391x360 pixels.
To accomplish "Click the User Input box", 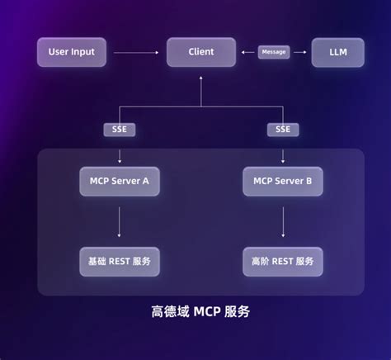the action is click(x=72, y=52).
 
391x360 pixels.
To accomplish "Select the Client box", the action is click(x=201, y=52).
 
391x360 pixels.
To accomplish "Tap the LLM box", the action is click(x=338, y=52).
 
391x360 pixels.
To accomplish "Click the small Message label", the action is click(x=274, y=52).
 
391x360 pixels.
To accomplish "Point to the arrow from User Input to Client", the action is click(x=136, y=52).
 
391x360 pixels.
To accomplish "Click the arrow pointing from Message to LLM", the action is click(x=300, y=52).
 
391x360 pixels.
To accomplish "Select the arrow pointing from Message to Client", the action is click(x=247, y=52).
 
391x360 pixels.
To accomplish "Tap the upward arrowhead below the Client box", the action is click(x=201, y=78).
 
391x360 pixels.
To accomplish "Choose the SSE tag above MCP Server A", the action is click(x=120, y=130).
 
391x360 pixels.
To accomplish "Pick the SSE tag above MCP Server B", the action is click(x=283, y=130).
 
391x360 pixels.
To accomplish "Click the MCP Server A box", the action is click(x=120, y=182).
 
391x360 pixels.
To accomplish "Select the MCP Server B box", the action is click(x=283, y=182).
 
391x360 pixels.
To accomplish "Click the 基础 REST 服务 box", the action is click(x=120, y=262).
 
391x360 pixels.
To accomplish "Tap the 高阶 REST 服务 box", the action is click(x=283, y=262).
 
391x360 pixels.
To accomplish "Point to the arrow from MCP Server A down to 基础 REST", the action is click(x=119, y=222).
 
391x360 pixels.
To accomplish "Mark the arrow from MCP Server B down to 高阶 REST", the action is click(x=283, y=222).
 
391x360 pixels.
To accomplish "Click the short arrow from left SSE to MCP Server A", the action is click(x=120, y=156).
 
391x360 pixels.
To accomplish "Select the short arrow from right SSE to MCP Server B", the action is click(x=283, y=156).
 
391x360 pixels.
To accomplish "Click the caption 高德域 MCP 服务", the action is click(x=200, y=311).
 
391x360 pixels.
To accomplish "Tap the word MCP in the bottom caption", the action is click(x=207, y=312).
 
